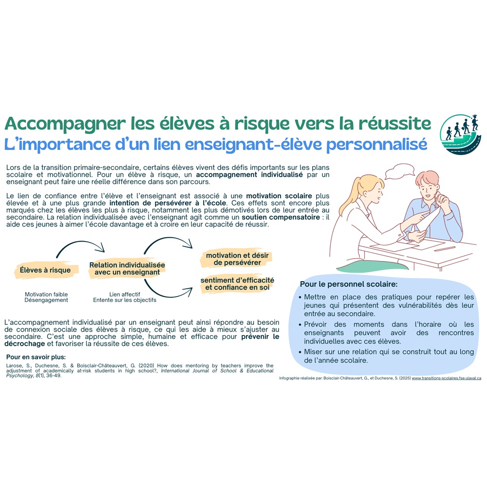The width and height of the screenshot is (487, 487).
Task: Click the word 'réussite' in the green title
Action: tap(394, 123)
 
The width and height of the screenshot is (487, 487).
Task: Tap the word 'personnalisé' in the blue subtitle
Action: tap(377, 145)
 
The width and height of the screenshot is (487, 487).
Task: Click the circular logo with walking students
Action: tap(461, 134)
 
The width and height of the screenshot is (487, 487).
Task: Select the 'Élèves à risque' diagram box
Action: tap(45, 270)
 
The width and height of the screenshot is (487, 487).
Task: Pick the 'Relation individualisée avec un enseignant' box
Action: tap(127, 268)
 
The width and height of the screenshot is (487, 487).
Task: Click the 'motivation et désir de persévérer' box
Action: tap(237, 259)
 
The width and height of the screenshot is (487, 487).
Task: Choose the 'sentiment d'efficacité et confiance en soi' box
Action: tap(237, 283)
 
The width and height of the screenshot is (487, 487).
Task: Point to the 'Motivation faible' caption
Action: tap(46, 294)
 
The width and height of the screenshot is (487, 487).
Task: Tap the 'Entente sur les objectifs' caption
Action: tap(125, 300)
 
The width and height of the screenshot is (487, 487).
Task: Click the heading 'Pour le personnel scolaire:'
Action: tap(349, 284)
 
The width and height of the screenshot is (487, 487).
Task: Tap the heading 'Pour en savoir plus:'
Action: tap(36, 357)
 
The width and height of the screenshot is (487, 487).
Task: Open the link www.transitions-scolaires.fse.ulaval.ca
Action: tap(446, 378)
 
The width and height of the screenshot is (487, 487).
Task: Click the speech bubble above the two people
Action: tap(399, 172)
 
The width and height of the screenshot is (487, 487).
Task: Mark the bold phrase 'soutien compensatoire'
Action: tap(281, 217)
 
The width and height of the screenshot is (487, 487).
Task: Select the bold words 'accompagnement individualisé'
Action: tap(249, 174)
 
